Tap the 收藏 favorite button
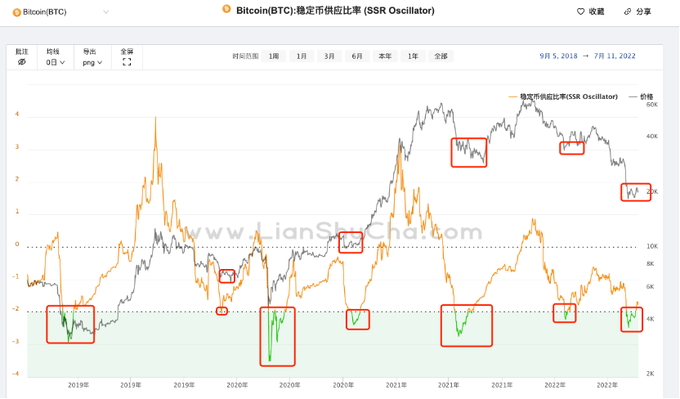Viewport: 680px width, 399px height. pyautogui.click(x=591, y=11)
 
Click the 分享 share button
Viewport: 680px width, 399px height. pyautogui.click(x=637, y=11)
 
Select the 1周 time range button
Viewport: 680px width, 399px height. pyautogui.click(x=274, y=56)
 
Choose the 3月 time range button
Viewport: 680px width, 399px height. pyautogui.click(x=329, y=56)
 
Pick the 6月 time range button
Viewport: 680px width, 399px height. pyautogui.click(x=357, y=56)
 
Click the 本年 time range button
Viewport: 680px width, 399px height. pyautogui.click(x=385, y=56)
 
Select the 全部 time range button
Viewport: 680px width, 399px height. pyautogui.click(x=441, y=56)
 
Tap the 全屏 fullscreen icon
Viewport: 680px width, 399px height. pyautogui.click(x=127, y=62)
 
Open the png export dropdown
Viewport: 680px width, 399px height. pyautogui.click(x=92, y=62)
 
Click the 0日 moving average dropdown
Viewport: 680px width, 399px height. pyautogui.click(x=56, y=62)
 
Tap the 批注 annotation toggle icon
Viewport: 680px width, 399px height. pyautogui.click(x=22, y=62)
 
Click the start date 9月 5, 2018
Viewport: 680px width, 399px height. pyautogui.click(x=558, y=56)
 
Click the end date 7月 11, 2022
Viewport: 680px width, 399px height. pyautogui.click(x=615, y=56)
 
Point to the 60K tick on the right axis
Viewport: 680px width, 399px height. pyautogui.click(x=652, y=105)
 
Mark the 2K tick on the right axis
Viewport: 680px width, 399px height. pyautogui.click(x=650, y=374)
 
